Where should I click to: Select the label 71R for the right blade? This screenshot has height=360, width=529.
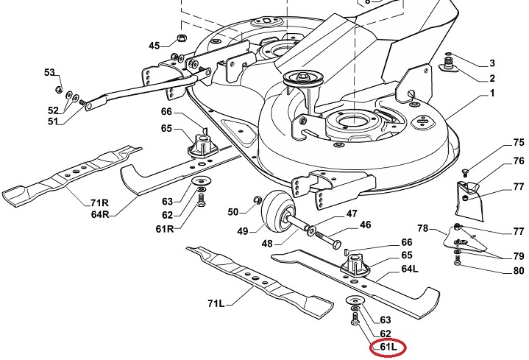click(100, 202)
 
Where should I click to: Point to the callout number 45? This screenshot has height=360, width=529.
click(154, 46)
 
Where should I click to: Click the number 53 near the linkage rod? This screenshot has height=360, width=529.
click(49, 72)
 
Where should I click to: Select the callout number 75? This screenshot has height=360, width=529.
click(498, 143)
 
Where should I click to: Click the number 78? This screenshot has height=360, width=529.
click(422, 227)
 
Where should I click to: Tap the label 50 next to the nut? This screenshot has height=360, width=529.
click(233, 212)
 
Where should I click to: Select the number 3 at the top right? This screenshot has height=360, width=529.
click(491, 63)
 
